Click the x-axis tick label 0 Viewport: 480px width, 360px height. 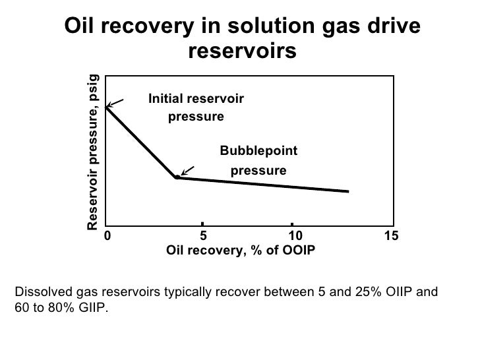(x=107, y=236)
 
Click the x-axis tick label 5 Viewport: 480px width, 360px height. (x=203, y=236)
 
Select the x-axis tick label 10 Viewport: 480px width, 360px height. (x=295, y=236)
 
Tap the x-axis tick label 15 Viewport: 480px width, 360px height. (x=392, y=236)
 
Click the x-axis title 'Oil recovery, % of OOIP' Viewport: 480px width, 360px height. (x=241, y=251)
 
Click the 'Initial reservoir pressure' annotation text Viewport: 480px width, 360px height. (x=196, y=107)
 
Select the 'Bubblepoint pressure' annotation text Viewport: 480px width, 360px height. (x=258, y=161)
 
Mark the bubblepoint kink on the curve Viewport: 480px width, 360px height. (x=177, y=177)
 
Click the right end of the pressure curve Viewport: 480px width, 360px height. (x=347, y=192)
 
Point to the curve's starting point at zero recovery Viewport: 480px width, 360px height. (x=106, y=107)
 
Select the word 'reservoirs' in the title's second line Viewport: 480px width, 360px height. (x=243, y=51)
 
